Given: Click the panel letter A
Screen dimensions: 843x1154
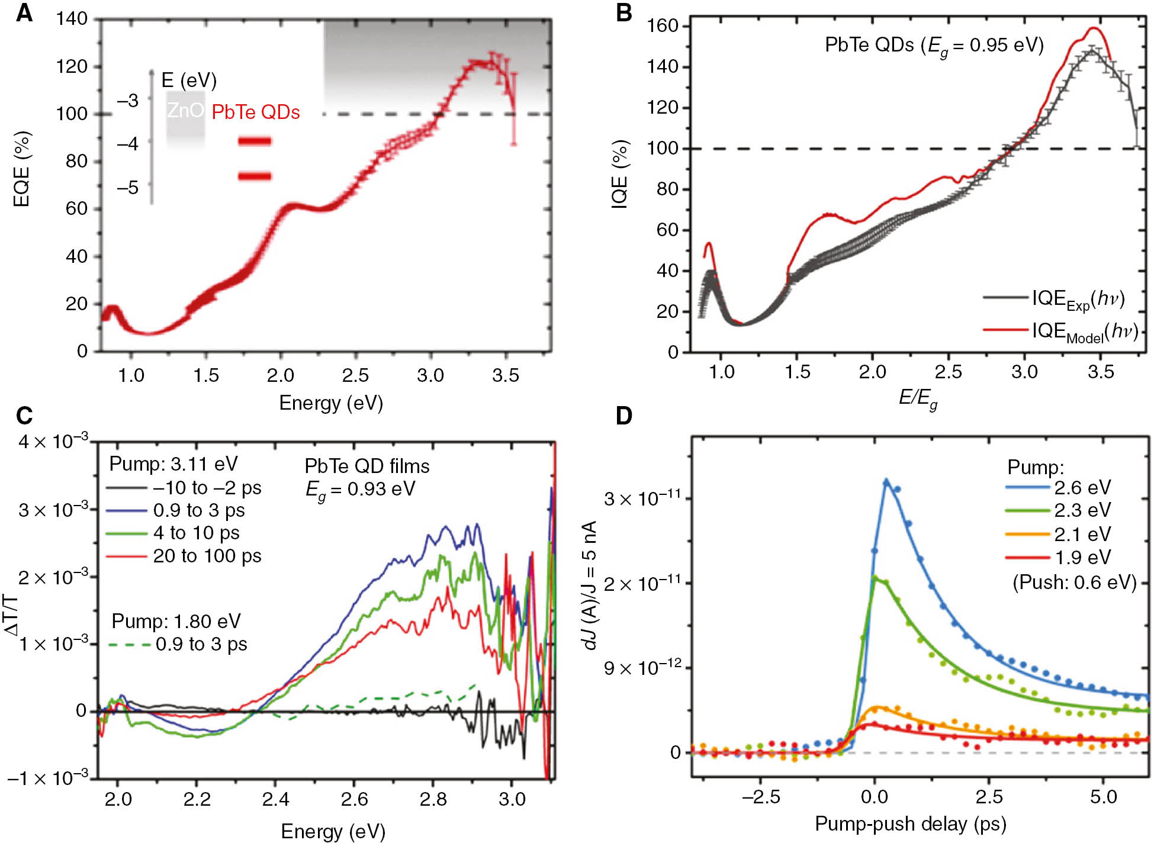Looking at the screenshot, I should tap(24, 12).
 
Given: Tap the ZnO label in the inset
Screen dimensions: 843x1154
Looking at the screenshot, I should tap(185, 111).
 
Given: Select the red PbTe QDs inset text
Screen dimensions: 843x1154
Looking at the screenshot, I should tap(255, 112).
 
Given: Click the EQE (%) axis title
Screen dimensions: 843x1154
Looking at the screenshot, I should tap(22, 169).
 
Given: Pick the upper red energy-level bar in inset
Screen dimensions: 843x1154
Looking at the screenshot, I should tap(255, 141).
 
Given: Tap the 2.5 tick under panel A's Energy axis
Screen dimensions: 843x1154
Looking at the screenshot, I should tap(355, 375).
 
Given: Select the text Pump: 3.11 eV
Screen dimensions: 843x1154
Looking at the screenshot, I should tap(173, 464).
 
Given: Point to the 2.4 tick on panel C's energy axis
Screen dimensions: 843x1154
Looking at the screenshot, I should tap(275, 799).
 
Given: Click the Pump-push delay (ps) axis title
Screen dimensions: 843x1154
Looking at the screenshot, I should tap(910, 823).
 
